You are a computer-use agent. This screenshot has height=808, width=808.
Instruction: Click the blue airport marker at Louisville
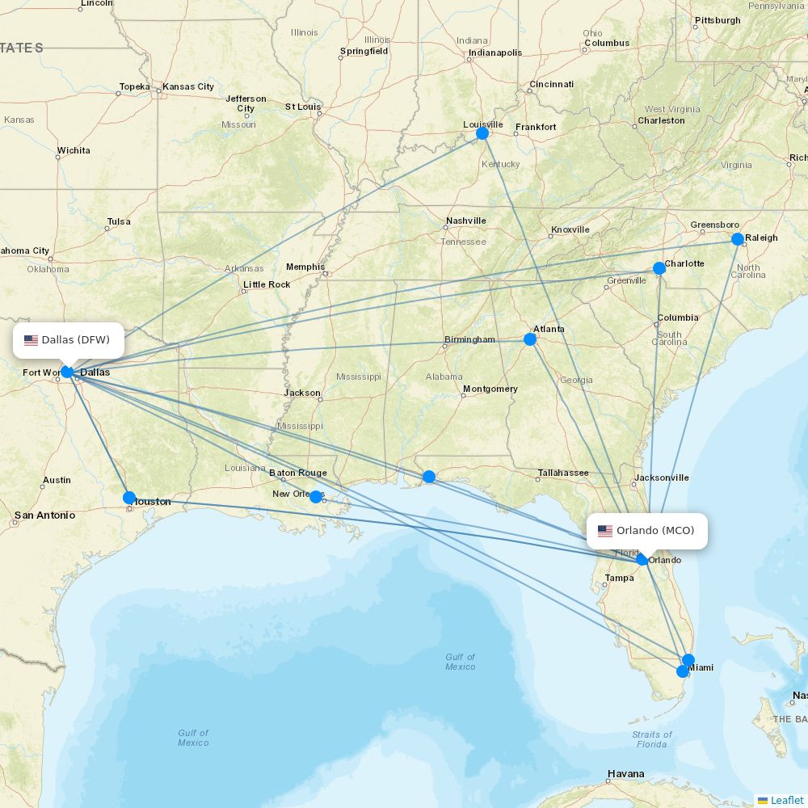(x=482, y=133)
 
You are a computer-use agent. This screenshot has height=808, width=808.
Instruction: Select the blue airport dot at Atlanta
(x=530, y=339)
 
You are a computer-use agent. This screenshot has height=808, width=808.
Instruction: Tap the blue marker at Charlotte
(x=659, y=268)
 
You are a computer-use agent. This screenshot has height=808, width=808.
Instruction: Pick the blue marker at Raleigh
(x=738, y=239)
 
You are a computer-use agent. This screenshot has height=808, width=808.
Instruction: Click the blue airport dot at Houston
(x=129, y=497)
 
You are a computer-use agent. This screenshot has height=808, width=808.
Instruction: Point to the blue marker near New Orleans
(x=316, y=496)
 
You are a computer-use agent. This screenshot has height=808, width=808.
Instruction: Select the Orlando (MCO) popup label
(x=646, y=531)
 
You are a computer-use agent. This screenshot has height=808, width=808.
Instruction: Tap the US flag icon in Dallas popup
(x=32, y=340)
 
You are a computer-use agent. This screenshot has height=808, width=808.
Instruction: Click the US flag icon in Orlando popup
(x=605, y=531)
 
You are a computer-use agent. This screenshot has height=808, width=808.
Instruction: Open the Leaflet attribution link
(x=786, y=800)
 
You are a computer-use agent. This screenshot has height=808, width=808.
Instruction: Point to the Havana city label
(x=626, y=774)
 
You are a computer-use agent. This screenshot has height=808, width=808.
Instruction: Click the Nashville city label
(x=466, y=221)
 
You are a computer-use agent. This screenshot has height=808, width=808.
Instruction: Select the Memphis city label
(x=305, y=267)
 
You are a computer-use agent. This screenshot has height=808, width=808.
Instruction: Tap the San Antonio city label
(x=44, y=515)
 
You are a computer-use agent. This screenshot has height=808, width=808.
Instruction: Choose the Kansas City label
(x=188, y=86)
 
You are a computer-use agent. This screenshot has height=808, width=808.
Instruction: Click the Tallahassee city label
(x=563, y=473)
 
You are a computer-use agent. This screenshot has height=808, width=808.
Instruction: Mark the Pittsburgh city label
(x=718, y=20)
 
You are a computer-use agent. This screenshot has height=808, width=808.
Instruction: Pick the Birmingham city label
(x=469, y=339)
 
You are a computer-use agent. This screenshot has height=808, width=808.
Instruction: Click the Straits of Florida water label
(x=651, y=739)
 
